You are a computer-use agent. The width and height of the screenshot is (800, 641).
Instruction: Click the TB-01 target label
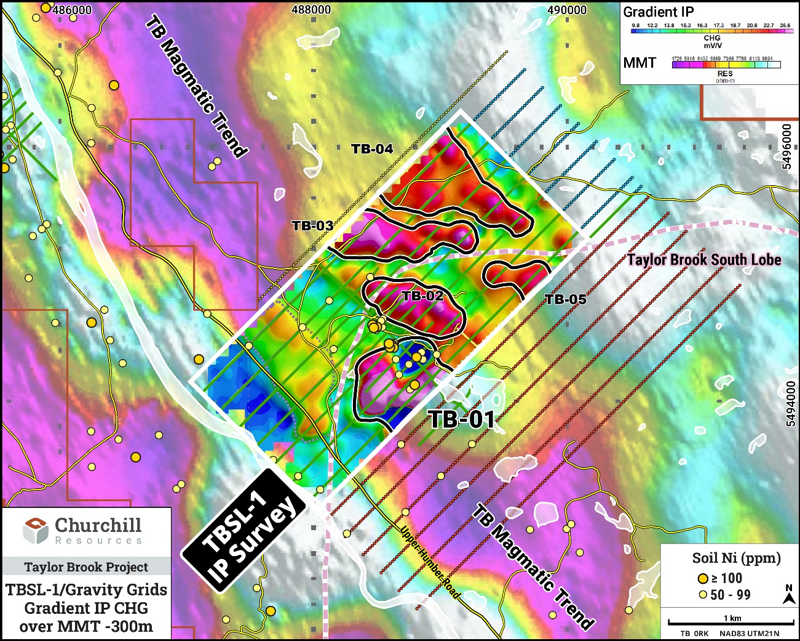coord(461,420)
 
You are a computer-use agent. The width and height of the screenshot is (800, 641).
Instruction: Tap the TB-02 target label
coord(422,296)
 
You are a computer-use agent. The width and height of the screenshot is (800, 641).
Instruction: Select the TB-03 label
coord(312,226)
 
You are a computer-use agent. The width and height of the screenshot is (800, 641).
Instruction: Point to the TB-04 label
coord(372,149)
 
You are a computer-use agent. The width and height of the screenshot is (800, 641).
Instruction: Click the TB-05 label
coord(565,300)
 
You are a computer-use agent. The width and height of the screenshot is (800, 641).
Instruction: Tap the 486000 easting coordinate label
coord(72,10)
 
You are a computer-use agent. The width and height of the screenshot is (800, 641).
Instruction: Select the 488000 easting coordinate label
coord(311,10)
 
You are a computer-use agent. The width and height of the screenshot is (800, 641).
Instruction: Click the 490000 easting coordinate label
coord(567,10)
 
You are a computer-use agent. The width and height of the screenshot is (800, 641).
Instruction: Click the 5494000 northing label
coord(790,403)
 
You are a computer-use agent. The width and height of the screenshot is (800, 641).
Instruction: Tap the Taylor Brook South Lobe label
coord(704,260)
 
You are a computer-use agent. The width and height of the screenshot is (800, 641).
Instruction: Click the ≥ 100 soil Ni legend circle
coord(703,579)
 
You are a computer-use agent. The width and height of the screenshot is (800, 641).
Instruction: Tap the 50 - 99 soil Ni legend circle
coord(703,595)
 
